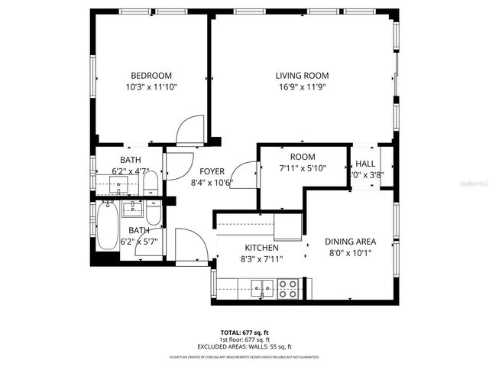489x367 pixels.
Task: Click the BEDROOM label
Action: [x=151, y=75]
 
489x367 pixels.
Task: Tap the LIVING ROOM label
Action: [x=302, y=75]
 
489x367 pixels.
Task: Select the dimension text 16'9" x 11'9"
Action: [x=302, y=87]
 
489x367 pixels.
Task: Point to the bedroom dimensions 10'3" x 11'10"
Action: [x=151, y=87]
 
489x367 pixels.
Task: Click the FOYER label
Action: [x=212, y=171]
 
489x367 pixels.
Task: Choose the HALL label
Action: [x=365, y=164]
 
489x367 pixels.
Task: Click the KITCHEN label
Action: [x=261, y=248]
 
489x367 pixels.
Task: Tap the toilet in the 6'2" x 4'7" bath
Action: [x=151, y=183]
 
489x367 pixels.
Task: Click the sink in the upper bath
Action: [x=120, y=184]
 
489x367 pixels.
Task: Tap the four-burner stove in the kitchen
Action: [x=288, y=288]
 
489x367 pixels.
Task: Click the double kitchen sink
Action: [x=262, y=288]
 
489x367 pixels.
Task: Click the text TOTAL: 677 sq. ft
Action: [x=244, y=332]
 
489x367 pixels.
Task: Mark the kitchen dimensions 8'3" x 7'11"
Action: [x=261, y=259]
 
